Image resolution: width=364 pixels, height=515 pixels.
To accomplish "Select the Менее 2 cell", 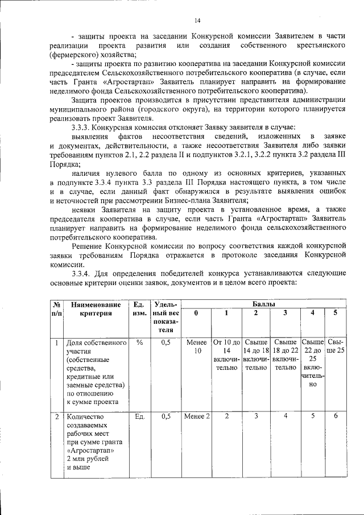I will (197, 417).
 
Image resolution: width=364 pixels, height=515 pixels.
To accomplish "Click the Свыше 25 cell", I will (336, 347).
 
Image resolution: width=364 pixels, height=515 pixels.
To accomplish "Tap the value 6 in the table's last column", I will (336, 417).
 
